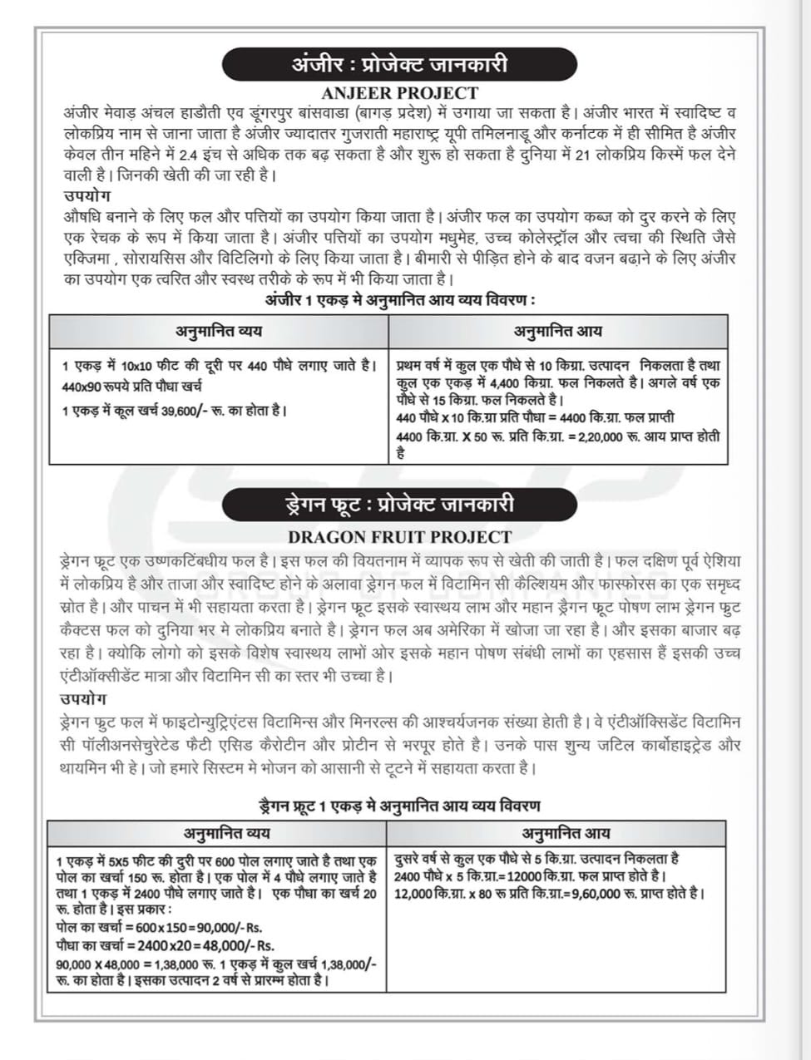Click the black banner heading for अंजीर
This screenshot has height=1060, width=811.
coord(399,64)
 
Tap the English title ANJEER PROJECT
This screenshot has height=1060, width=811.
coord(400,92)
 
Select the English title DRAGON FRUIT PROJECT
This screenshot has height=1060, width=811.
coord(399,536)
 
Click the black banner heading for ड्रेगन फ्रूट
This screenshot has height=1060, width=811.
coord(399,505)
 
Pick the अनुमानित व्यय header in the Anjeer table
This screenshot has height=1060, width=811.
coord(219,331)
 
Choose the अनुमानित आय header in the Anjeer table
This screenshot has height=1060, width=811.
coord(557,331)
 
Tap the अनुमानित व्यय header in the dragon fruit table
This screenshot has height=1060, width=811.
coord(215,832)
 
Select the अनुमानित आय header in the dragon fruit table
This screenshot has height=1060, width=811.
coord(566,832)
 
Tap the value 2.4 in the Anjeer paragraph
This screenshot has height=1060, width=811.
coord(189,155)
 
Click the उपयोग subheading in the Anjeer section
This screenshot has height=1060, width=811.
coord(87,196)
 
